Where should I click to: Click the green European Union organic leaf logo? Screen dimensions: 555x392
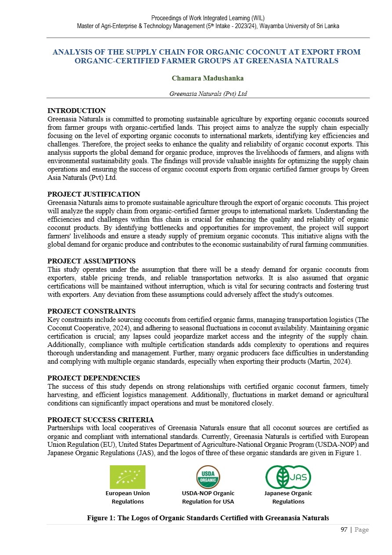pyautogui.click(x=127, y=477)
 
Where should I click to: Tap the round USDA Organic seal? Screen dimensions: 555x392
pyautogui.click(x=208, y=477)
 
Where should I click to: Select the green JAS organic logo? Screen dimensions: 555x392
pyautogui.click(x=288, y=477)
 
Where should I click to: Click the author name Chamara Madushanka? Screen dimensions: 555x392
pyautogui.click(x=208, y=78)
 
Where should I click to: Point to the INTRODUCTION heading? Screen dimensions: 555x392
pyautogui.click(x=76, y=111)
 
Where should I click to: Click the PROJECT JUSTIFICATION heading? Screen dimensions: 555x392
pyautogui.click(x=94, y=194)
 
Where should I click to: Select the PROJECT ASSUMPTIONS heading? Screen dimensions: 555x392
pyautogui.click(x=91, y=261)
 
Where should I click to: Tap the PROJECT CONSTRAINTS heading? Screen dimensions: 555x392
pyautogui.click(x=91, y=311)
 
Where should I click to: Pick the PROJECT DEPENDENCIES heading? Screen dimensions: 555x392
pyautogui.click(x=94, y=378)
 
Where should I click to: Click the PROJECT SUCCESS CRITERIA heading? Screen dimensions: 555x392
pyautogui.click(x=101, y=420)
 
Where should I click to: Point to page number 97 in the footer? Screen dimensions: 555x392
pyautogui.click(x=345, y=530)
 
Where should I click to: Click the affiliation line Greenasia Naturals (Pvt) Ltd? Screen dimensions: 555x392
pyautogui.click(x=208, y=94)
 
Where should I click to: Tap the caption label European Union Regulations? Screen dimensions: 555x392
pyautogui.click(x=127, y=497)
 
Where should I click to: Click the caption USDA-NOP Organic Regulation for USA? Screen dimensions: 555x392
pyautogui.click(x=208, y=497)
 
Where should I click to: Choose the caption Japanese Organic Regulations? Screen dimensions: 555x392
pyautogui.click(x=288, y=497)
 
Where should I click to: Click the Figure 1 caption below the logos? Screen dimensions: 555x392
pyautogui.click(x=208, y=518)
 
